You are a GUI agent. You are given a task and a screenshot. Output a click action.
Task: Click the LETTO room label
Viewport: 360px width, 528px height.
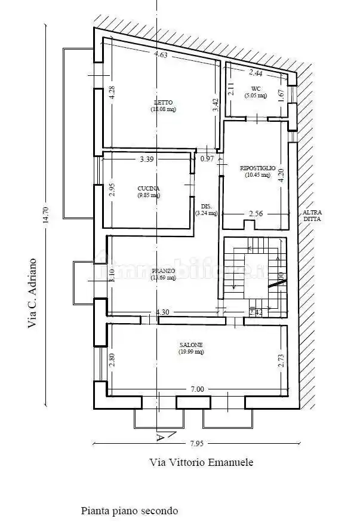163,102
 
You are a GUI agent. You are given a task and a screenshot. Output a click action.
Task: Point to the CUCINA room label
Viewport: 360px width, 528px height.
147,188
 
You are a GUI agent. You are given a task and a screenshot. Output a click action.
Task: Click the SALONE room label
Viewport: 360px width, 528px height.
191,345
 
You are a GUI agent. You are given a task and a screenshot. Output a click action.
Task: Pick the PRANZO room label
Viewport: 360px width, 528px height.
163,271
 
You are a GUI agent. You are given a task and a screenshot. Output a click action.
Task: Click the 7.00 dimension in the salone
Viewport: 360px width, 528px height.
197,389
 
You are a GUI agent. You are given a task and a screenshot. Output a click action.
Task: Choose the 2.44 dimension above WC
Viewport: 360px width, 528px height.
256,73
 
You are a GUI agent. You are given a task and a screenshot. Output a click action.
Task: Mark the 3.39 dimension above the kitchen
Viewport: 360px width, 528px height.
146,159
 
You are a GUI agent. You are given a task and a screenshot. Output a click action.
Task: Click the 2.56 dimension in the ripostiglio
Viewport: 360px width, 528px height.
256,214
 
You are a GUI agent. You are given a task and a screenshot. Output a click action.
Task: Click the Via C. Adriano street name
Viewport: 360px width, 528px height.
32,293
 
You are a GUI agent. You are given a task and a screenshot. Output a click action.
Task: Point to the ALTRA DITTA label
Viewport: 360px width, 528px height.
311,216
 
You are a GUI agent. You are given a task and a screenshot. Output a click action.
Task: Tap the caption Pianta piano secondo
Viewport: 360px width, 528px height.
130,511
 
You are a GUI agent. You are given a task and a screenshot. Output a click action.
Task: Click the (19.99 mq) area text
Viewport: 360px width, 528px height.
191,352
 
